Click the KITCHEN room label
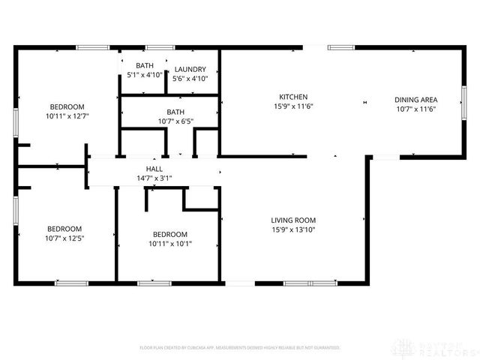point(294,97)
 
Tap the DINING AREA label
point(416,100)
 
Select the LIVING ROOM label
point(294,220)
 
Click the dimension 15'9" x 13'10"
point(294,229)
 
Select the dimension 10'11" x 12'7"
point(67,116)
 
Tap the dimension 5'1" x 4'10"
point(145,76)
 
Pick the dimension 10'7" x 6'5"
point(175,121)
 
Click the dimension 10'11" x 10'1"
point(169,244)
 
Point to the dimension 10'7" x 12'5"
point(64,239)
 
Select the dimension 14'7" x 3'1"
point(154,179)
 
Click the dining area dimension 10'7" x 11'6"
point(416,109)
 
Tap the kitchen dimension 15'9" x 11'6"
point(294,107)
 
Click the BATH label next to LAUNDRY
point(145,66)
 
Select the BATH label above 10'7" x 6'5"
point(175,112)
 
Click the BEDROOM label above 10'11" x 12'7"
point(67,106)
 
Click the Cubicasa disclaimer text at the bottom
point(240,348)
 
